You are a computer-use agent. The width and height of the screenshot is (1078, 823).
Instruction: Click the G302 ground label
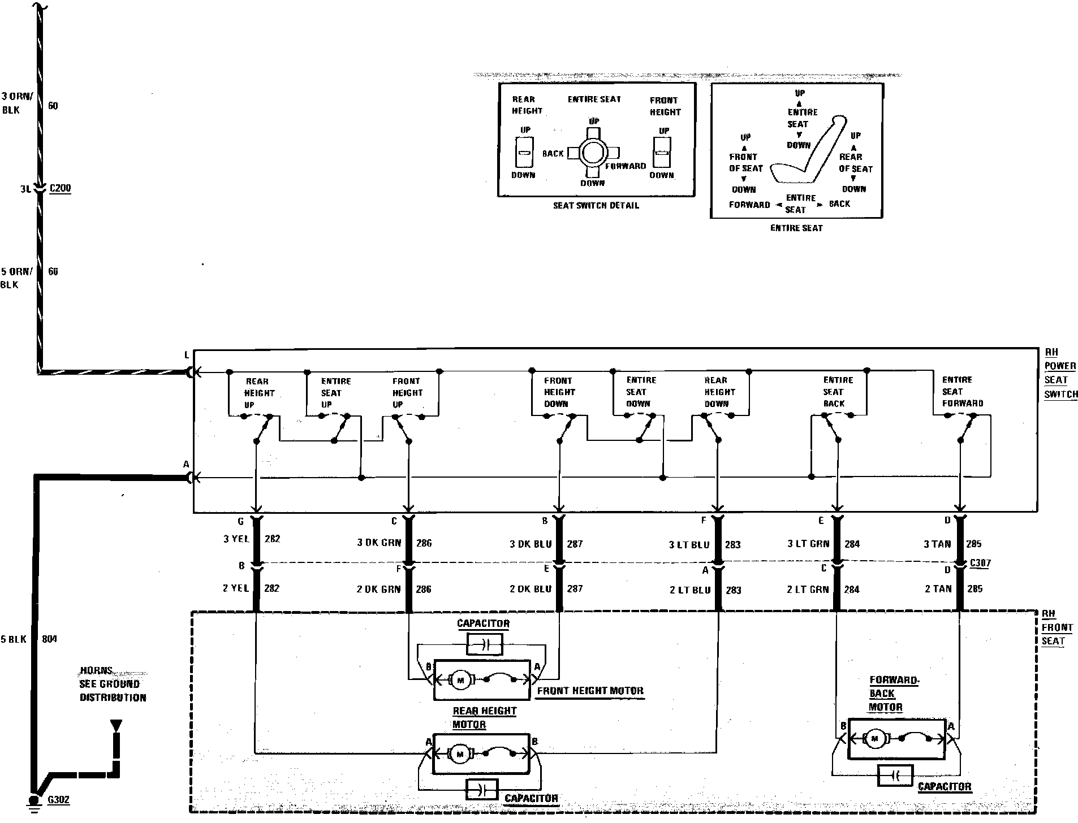pyautogui.click(x=59, y=800)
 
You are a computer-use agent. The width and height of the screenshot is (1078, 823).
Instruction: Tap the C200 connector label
pyautogui.click(x=60, y=188)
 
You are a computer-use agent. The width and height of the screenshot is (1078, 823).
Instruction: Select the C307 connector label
pyautogui.click(x=980, y=564)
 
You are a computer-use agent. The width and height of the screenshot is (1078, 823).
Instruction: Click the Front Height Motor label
pyautogui.click(x=590, y=691)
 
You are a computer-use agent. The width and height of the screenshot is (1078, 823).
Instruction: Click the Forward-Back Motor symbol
pyautogui.click(x=896, y=739)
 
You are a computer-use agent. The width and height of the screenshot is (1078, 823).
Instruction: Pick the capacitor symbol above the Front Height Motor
pyautogui.click(x=485, y=644)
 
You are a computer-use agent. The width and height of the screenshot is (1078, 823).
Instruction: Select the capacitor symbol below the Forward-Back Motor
pyautogui.click(x=895, y=776)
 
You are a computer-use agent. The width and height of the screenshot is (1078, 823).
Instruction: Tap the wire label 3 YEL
pyautogui.click(x=236, y=539)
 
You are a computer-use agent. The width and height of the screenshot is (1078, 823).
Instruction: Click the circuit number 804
pyautogui.click(x=50, y=639)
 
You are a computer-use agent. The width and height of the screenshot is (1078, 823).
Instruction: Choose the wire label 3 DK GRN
pyautogui.click(x=379, y=543)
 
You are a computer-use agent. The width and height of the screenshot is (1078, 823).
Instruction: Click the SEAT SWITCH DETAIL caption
pyautogui.click(x=596, y=206)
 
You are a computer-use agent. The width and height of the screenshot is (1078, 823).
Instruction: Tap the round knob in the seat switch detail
pyautogui.click(x=593, y=152)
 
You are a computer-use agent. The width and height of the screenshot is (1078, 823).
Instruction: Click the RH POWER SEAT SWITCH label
pyautogui.click(x=1060, y=374)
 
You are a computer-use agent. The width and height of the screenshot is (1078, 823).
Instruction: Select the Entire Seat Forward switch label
pyautogui.click(x=962, y=392)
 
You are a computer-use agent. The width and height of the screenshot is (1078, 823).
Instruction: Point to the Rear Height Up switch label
pyautogui.click(x=258, y=393)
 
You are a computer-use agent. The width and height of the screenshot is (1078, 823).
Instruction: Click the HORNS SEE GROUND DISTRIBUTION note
pyautogui.click(x=113, y=684)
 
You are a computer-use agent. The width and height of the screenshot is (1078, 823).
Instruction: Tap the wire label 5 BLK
pyautogui.click(x=14, y=639)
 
